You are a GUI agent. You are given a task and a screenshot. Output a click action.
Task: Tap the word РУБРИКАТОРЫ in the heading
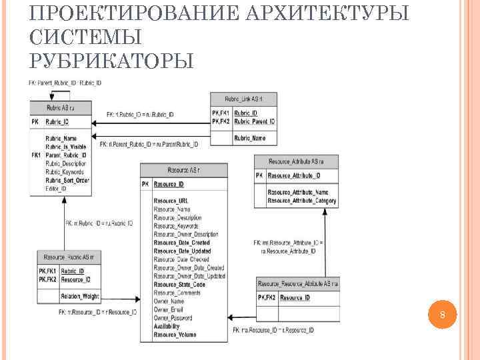112,61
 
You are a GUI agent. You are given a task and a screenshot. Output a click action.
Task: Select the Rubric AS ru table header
60,107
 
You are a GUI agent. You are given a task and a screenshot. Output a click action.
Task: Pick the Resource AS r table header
183,170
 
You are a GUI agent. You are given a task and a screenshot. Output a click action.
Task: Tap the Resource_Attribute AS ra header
295,161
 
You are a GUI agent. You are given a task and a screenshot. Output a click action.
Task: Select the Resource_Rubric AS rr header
68,257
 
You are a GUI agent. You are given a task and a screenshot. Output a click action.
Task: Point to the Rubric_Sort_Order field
67,181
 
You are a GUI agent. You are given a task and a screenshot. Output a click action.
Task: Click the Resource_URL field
171,201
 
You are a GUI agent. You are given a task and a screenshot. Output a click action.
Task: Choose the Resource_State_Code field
179,285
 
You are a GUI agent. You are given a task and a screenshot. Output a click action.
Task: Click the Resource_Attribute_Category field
302,201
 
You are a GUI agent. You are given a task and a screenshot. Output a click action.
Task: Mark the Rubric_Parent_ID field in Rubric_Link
254,122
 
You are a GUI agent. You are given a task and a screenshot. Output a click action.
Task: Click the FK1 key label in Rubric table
36,155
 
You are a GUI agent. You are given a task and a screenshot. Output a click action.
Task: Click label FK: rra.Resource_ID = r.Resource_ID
273,330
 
